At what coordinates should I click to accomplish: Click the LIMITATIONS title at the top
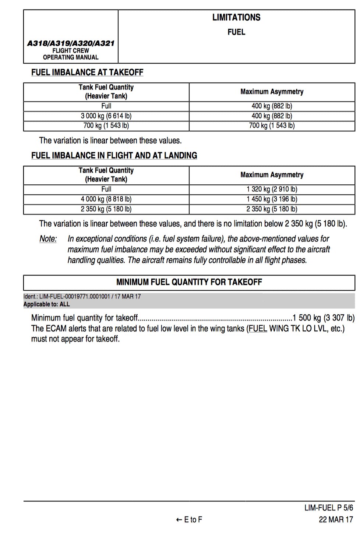pyautogui.click(x=236, y=17)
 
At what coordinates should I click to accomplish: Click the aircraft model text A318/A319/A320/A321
pyautogui.click(x=71, y=43)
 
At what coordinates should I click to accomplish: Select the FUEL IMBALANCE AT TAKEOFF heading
pyautogui.click(x=87, y=72)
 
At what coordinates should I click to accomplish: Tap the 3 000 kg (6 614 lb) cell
pyautogui.click(x=106, y=116)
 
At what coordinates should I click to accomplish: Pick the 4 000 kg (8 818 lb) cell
pyautogui.click(x=106, y=199)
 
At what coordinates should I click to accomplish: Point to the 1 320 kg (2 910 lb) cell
pyautogui.click(x=272, y=189)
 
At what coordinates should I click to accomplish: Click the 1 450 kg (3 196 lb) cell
pyautogui.click(x=272, y=199)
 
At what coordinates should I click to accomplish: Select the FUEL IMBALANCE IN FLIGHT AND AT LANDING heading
pyautogui.click(x=114, y=155)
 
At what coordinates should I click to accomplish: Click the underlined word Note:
pyautogui.click(x=48, y=239)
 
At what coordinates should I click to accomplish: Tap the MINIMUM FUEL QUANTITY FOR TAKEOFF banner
pyautogui.click(x=189, y=282)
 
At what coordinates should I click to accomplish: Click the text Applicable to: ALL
pyautogui.click(x=46, y=304)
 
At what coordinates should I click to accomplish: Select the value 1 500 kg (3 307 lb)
pyautogui.click(x=323, y=318)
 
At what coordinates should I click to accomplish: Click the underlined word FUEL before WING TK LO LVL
pyautogui.click(x=258, y=328)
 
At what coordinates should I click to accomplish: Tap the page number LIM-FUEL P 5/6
pyautogui.click(x=328, y=508)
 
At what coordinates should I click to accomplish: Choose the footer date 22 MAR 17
pyautogui.click(x=336, y=520)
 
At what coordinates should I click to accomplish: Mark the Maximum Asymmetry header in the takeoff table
pyautogui.click(x=272, y=92)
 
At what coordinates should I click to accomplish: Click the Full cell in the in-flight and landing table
pyautogui.click(x=106, y=189)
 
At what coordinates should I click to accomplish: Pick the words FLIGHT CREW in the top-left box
pyautogui.click(x=71, y=50)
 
